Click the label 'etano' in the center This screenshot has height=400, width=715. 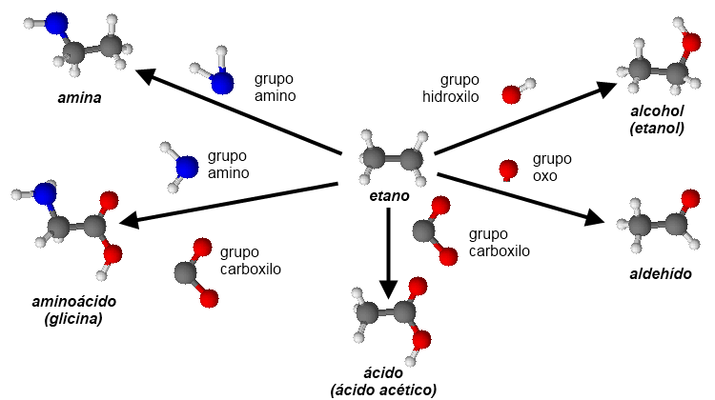click(389, 196)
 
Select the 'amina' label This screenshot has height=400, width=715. click(79, 97)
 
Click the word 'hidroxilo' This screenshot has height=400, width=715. click(451, 96)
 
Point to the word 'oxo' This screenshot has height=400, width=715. click(545, 175)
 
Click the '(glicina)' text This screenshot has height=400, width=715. click(73, 319)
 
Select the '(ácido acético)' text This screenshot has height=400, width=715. click(383, 390)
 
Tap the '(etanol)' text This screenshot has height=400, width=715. click(658, 127)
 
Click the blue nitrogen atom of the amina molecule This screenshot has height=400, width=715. click(57, 24)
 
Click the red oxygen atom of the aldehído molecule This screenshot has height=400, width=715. click(689, 198)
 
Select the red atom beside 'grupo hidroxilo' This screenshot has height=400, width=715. click(511, 94)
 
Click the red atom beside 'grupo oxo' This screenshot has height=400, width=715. click(508, 170)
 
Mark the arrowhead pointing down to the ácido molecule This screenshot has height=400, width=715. click(387, 288)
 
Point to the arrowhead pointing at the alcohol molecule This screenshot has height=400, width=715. click(611, 89)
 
